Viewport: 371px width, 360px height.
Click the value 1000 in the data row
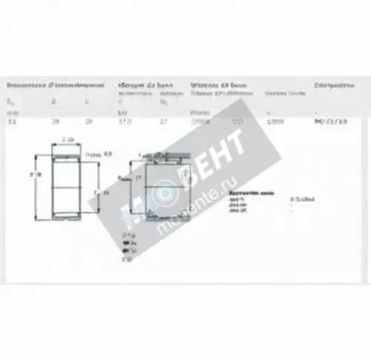274,120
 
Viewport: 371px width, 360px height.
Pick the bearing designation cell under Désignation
330,120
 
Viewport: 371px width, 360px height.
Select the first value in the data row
11,120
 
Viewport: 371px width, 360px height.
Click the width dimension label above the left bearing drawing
68,140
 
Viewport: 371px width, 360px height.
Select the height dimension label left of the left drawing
33,174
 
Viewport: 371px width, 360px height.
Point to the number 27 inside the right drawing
137,178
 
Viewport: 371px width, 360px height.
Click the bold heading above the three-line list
252,192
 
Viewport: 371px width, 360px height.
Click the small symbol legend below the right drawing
128,247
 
